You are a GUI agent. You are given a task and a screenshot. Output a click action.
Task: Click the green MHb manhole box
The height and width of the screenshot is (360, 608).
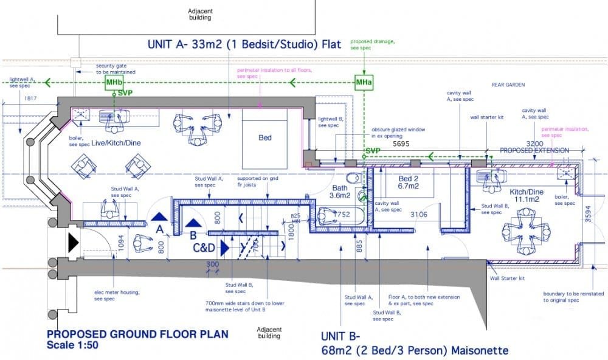(x=114, y=82)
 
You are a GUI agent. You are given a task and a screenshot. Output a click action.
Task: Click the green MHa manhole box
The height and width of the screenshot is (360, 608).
(x=364, y=82)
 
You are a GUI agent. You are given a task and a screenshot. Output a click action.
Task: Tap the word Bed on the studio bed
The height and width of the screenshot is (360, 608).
(x=265, y=138)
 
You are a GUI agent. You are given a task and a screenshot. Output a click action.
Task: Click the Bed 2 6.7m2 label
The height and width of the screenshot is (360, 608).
(x=407, y=182)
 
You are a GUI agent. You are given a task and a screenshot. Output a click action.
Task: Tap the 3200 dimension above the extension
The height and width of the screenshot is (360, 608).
(x=534, y=144)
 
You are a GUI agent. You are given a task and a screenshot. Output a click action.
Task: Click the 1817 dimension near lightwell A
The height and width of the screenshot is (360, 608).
(x=32, y=98)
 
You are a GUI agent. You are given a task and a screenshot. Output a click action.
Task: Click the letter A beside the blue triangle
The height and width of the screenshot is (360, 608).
(x=159, y=230)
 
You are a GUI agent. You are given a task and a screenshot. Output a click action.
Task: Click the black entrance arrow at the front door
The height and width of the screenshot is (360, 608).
(x=73, y=243)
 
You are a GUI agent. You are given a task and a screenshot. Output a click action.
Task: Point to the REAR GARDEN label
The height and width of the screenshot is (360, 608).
(x=508, y=85)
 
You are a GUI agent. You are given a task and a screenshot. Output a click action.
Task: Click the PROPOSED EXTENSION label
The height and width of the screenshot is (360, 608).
(x=534, y=150)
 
